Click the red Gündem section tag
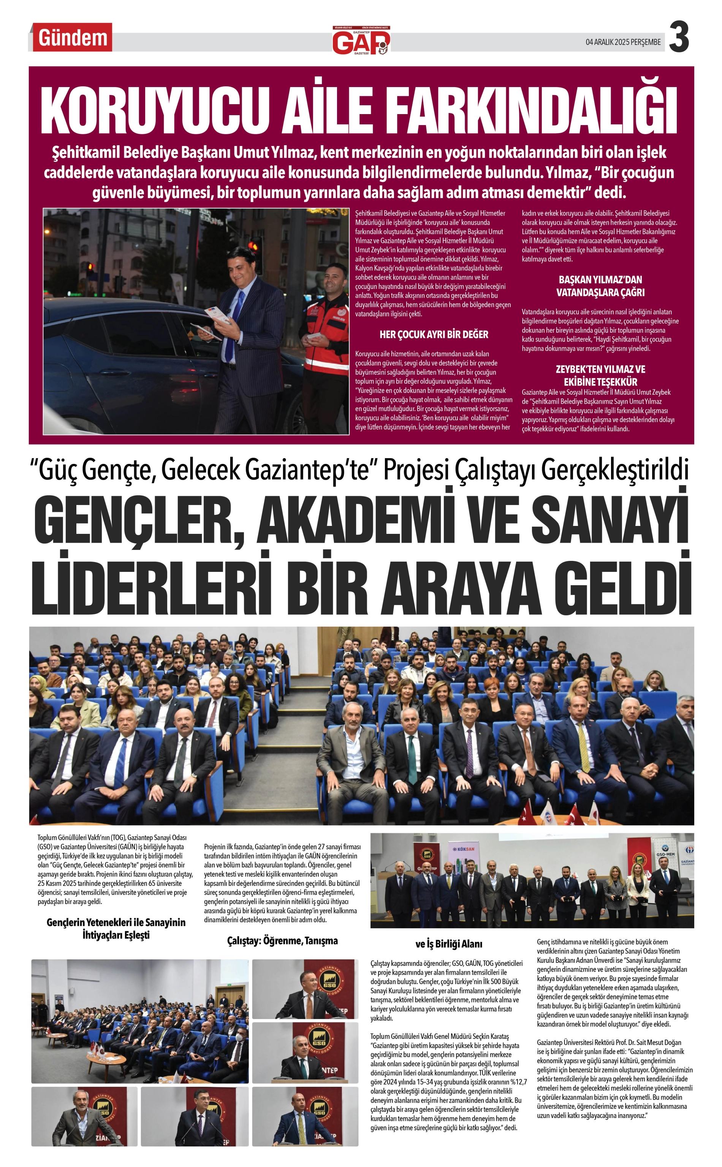[x=73, y=38]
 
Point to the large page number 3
[x=679, y=38]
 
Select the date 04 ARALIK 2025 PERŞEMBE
[x=623, y=42]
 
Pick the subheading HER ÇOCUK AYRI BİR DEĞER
[x=434, y=334]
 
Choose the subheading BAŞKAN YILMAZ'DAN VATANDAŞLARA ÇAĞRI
[x=600, y=286]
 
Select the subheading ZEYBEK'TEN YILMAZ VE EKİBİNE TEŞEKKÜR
[x=600, y=375]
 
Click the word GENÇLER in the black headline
[x=138, y=519]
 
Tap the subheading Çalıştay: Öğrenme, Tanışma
[x=282, y=941]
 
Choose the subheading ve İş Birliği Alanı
[x=448, y=944]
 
